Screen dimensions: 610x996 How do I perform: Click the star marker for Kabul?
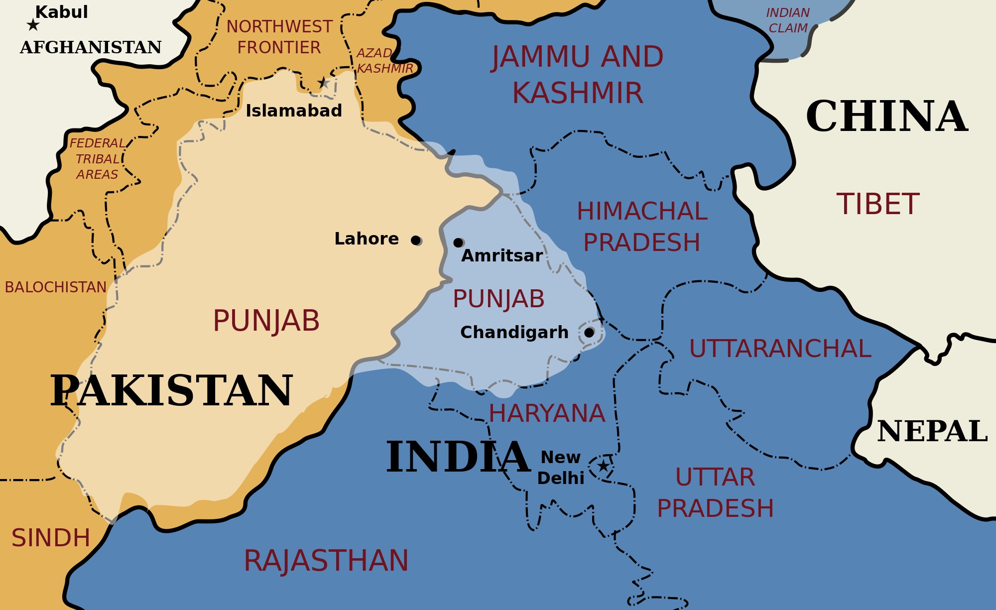(33, 24)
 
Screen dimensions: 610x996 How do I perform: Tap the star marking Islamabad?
(323, 83)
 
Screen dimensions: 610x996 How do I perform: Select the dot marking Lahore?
(416, 241)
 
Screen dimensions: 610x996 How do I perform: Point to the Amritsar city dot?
(458, 243)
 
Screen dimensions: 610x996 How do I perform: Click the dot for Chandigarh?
(589, 332)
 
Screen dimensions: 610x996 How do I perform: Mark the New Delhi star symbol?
(603, 466)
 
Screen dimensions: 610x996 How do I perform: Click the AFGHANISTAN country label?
(91, 47)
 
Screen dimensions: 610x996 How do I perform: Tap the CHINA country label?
(886, 117)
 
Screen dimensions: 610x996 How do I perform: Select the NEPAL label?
(932, 431)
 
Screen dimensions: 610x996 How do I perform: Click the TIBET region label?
(877, 204)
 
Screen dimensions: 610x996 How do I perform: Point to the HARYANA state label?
(546, 413)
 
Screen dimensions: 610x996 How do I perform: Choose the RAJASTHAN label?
(326, 561)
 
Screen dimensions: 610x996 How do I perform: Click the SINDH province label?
(51, 538)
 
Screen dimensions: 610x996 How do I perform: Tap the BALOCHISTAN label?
(56, 287)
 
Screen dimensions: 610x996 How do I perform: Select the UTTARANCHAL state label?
(780, 349)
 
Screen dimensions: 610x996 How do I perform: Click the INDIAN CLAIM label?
(788, 20)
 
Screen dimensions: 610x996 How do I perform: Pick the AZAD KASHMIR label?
(383, 61)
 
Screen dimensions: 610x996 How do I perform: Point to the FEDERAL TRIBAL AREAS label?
(97, 159)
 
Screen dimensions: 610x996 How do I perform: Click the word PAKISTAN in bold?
(172, 391)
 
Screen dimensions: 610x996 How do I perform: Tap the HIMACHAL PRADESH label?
(642, 227)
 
